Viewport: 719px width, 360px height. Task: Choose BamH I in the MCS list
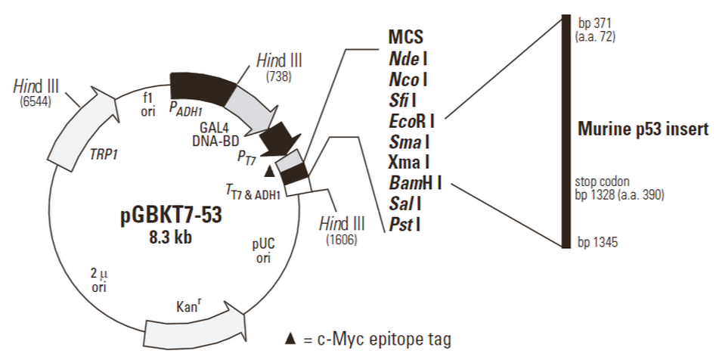[415, 182]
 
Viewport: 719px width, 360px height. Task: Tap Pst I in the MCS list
[405, 224]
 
